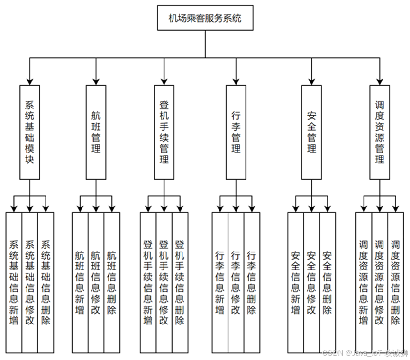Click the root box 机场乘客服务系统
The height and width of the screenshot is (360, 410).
[x=205, y=18]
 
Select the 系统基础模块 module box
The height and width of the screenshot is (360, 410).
[x=29, y=132]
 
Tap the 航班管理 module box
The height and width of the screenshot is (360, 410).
[x=96, y=132]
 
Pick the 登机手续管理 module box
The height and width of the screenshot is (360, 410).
[x=164, y=132]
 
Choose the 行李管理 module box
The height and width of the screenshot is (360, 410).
[x=236, y=132]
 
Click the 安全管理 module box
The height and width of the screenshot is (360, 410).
[x=311, y=132]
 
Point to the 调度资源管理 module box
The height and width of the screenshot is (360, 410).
[x=379, y=132]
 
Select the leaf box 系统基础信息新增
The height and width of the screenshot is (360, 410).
[x=14, y=282]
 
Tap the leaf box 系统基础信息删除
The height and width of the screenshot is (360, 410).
[x=46, y=282]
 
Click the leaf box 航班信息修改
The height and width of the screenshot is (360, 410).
[x=96, y=282]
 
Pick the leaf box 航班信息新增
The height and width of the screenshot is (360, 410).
[x=80, y=282]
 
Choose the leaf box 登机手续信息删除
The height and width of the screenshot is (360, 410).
[x=180, y=282]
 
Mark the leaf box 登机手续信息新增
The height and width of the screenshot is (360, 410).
[x=148, y=282]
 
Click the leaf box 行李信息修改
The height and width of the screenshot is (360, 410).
[x=236, y=282]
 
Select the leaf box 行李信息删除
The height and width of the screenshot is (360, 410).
[x=252, y=282]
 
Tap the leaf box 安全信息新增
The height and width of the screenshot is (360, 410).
[x=295, y=282]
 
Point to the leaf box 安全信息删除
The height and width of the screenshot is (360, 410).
[x=327, y=282]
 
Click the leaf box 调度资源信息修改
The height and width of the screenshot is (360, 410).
[x=379, y=282]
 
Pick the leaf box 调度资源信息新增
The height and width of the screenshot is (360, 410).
[x=364, y=282]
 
